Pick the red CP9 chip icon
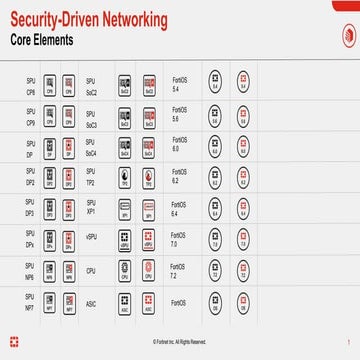click(69, 117)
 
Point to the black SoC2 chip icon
click(125, 84)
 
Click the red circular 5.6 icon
click(242, 117)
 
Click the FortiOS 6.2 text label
click(179, 180)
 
